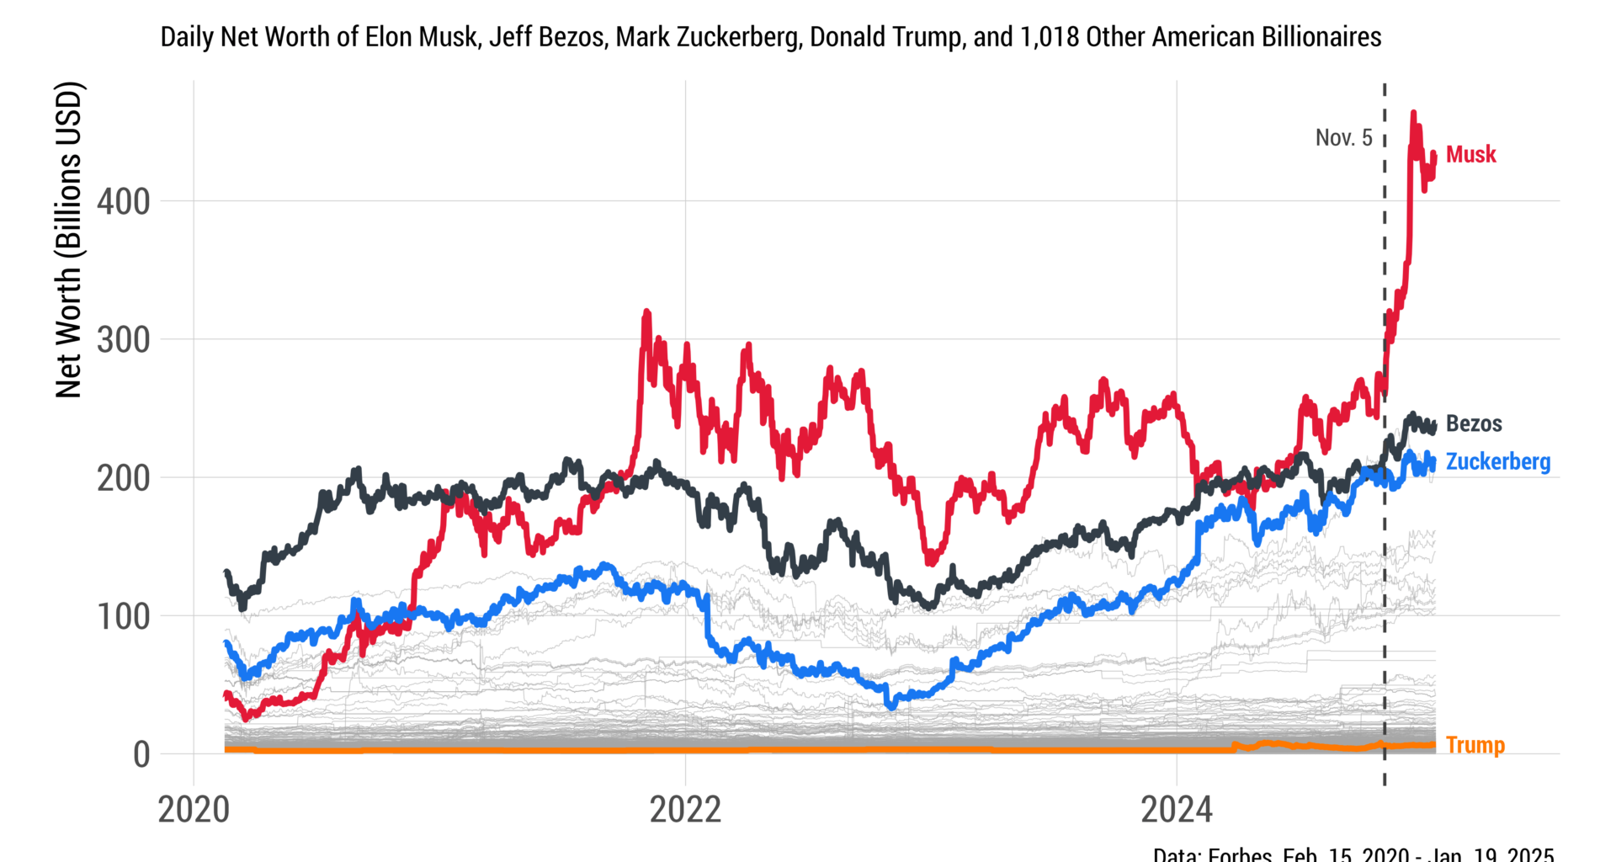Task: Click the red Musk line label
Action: (1470, 155)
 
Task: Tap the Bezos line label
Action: (1473, 423)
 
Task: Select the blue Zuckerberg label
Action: (1497, 462)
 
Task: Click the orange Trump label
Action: (1475, 745)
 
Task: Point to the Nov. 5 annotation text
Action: (1343, 138)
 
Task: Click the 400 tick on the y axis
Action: (123, 202)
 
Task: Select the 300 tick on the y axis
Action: (123, 340)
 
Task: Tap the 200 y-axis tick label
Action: (123, 478)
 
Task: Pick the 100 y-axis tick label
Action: (123, 617)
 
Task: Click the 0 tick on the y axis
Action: (141, 755)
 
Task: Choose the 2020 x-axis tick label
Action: (194, 810)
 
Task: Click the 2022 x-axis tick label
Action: (685, 810)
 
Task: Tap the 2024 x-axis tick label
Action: (1176, 810)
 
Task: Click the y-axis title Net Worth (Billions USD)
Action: (69, 240)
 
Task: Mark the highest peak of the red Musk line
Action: (1413, 113)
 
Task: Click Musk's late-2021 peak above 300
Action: (646, 312)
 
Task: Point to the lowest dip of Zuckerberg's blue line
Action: (891, 705)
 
